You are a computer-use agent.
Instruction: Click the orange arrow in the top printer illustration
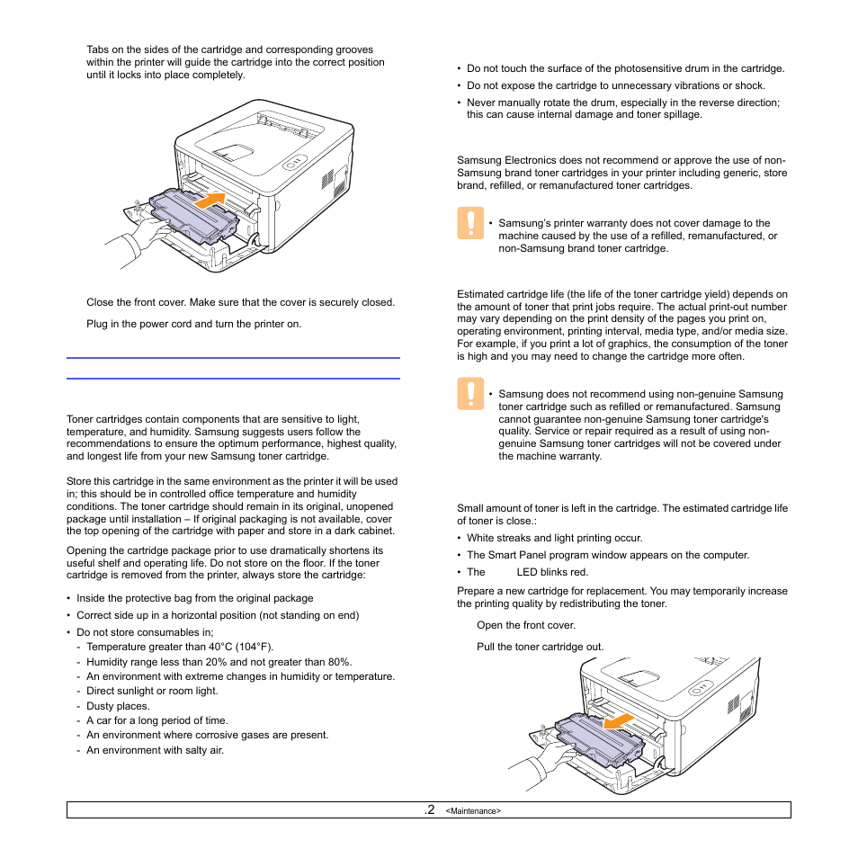pos(209,200)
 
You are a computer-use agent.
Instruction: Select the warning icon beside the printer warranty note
pos(469,223)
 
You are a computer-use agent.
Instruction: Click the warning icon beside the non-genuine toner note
pos(469,394)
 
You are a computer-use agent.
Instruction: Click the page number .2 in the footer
pos(429,809)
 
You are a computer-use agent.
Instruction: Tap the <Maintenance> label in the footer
pos(473,811)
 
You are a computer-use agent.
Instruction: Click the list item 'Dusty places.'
pos(118,706)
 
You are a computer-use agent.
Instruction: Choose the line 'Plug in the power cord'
pos(193,324)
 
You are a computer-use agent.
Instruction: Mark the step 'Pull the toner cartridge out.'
pos(540,647)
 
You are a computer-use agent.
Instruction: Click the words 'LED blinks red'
pos(552,572)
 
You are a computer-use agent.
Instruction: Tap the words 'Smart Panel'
pos(517,556)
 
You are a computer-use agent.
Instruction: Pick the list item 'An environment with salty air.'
pos(155,750)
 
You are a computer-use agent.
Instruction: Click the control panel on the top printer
pos(294,165)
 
